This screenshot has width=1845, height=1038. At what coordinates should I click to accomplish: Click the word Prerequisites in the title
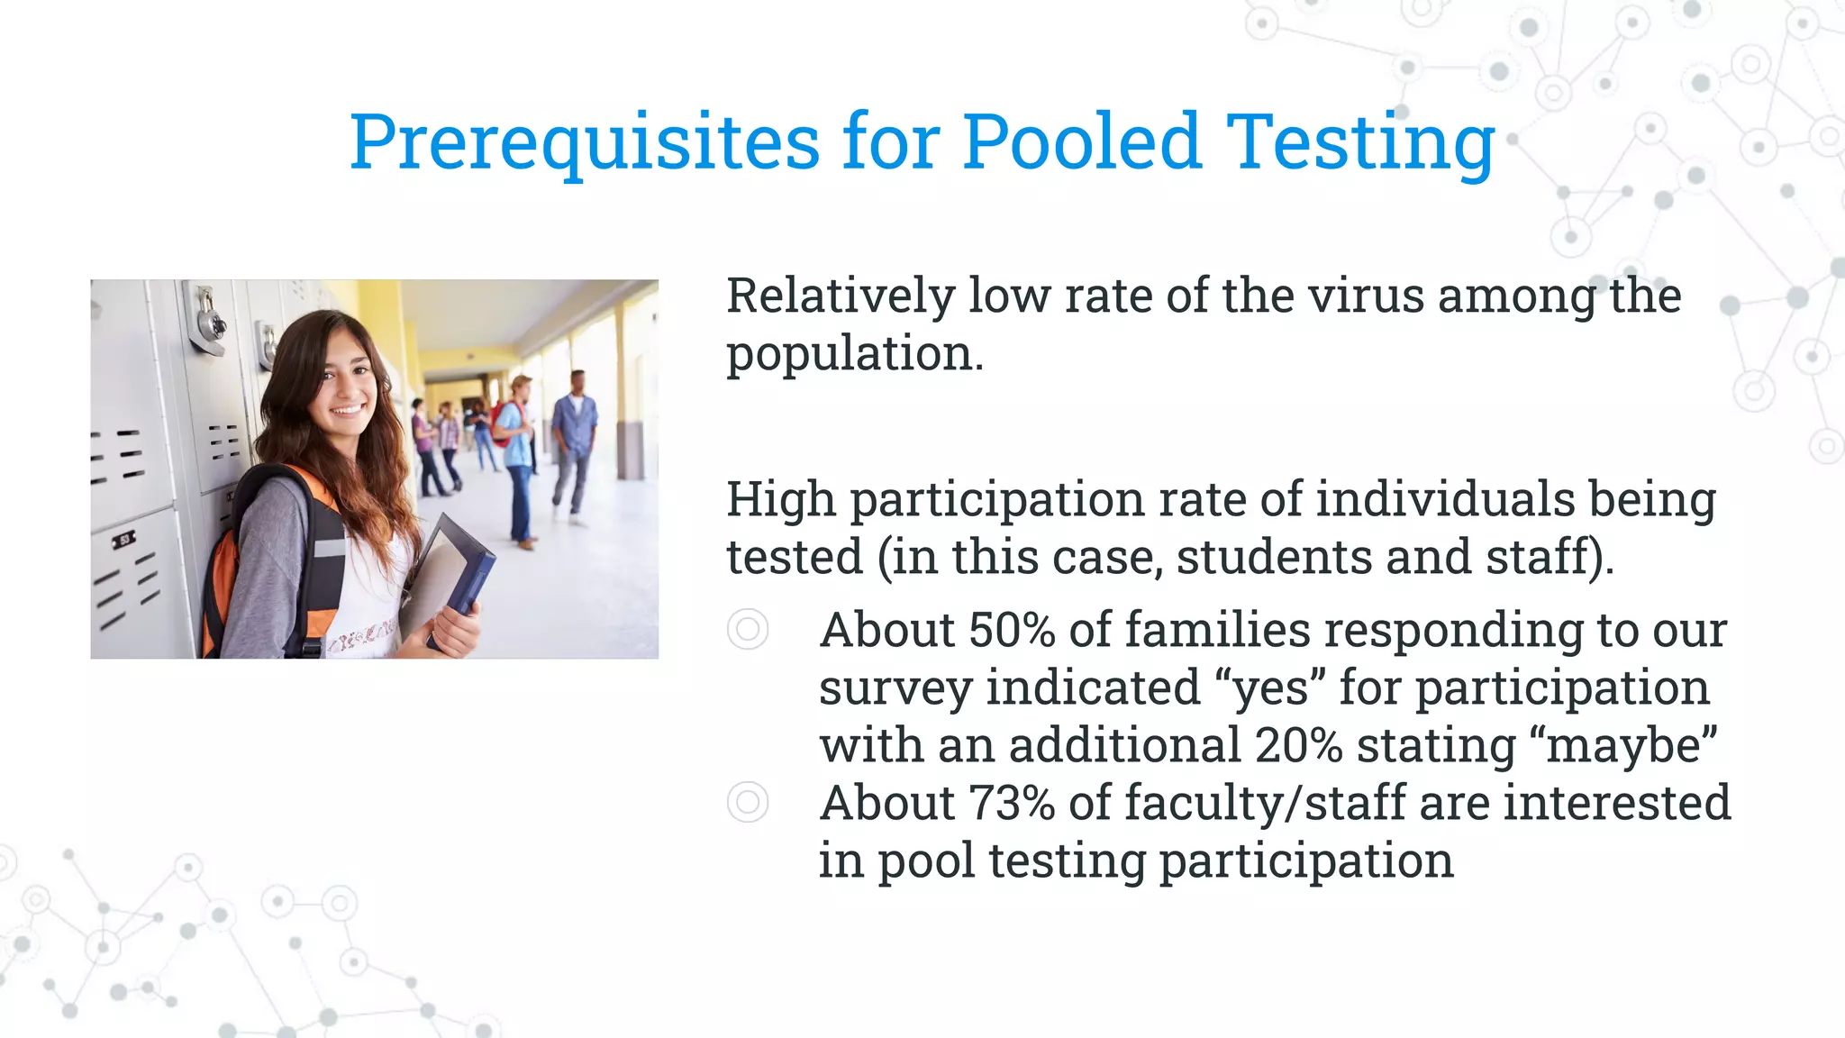tap(584, 142)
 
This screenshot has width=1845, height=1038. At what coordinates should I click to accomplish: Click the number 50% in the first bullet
tap(1012, 630)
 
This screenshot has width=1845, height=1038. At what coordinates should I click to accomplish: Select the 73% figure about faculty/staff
tap(1012, 803)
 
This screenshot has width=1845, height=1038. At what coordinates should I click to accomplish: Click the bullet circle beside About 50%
tap(748, 629)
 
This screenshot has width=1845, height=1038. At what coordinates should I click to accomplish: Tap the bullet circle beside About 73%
tap(748, 802)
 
